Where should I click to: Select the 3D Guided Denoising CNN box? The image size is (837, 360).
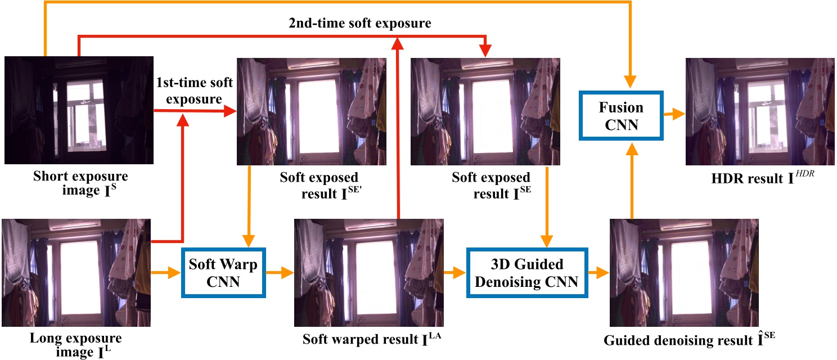click(526, 273)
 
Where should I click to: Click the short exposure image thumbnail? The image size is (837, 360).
click(79, 110)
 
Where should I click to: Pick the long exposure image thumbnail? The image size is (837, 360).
click(76, 273)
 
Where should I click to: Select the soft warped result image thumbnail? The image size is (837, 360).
click(368, 273)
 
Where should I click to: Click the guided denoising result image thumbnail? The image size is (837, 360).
click(683, 273)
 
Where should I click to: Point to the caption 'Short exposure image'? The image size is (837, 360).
click(80, 182)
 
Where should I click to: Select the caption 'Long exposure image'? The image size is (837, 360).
click(75, 344)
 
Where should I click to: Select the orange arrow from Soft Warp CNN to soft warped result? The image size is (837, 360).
click(280, 273)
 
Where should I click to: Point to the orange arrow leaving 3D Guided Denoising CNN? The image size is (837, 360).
click(597, 273)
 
